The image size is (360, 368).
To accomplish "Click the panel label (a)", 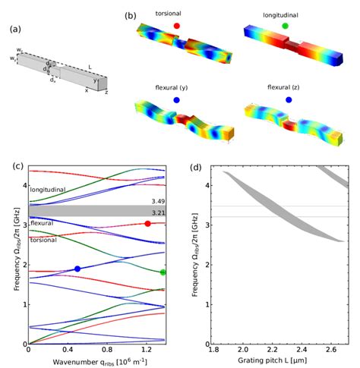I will coord(14,30).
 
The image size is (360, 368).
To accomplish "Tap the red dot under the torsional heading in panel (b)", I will coord(176,25).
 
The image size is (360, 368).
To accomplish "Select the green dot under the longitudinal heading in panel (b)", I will coord(285,26).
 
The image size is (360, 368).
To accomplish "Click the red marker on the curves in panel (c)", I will coord(147,223).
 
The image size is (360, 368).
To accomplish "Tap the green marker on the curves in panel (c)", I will coord(163,272).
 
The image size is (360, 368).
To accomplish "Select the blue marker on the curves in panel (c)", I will coord(77,269).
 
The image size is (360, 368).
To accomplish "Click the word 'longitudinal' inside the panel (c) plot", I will coord(49,190).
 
